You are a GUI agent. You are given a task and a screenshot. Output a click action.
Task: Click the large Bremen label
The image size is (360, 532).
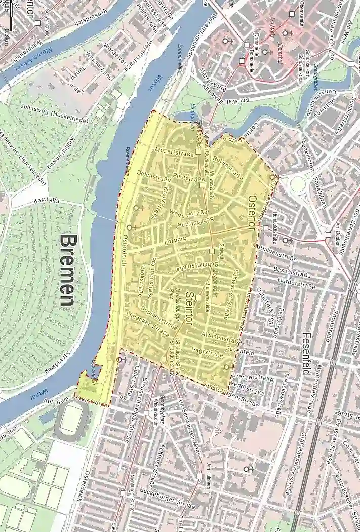[x=67, y=269]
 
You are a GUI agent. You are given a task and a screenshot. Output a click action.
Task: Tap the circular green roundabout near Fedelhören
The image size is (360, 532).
[x=298, y=184]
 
